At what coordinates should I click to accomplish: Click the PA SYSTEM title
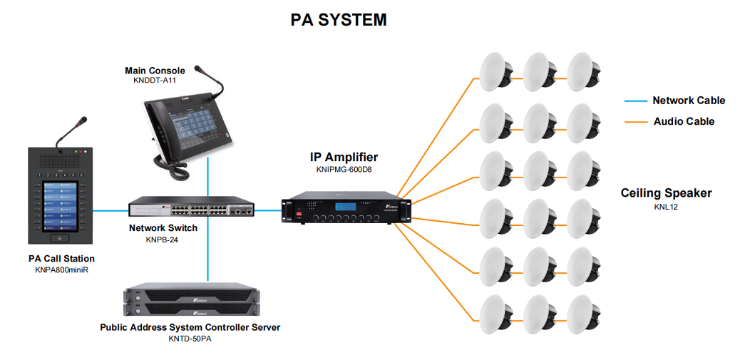click(339, 20)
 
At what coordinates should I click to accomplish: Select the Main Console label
click(155, 71)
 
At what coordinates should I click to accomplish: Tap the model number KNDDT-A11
click(155, 81)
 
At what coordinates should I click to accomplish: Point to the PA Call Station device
click(61, 196)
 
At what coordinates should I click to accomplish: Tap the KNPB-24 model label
click(163, 240)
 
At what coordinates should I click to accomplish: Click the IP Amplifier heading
click(344, 158)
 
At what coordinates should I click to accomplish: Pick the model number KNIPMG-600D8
click(344, 170)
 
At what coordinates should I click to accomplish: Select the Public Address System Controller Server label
click(190, 327)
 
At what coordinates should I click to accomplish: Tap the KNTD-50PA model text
click(190, 339)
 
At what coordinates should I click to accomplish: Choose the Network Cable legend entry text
click(689, 101)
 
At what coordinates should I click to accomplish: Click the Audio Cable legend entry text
click(684, 121)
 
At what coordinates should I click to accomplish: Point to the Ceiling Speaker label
click(666, 193)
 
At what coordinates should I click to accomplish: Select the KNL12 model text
click(666, 207)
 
